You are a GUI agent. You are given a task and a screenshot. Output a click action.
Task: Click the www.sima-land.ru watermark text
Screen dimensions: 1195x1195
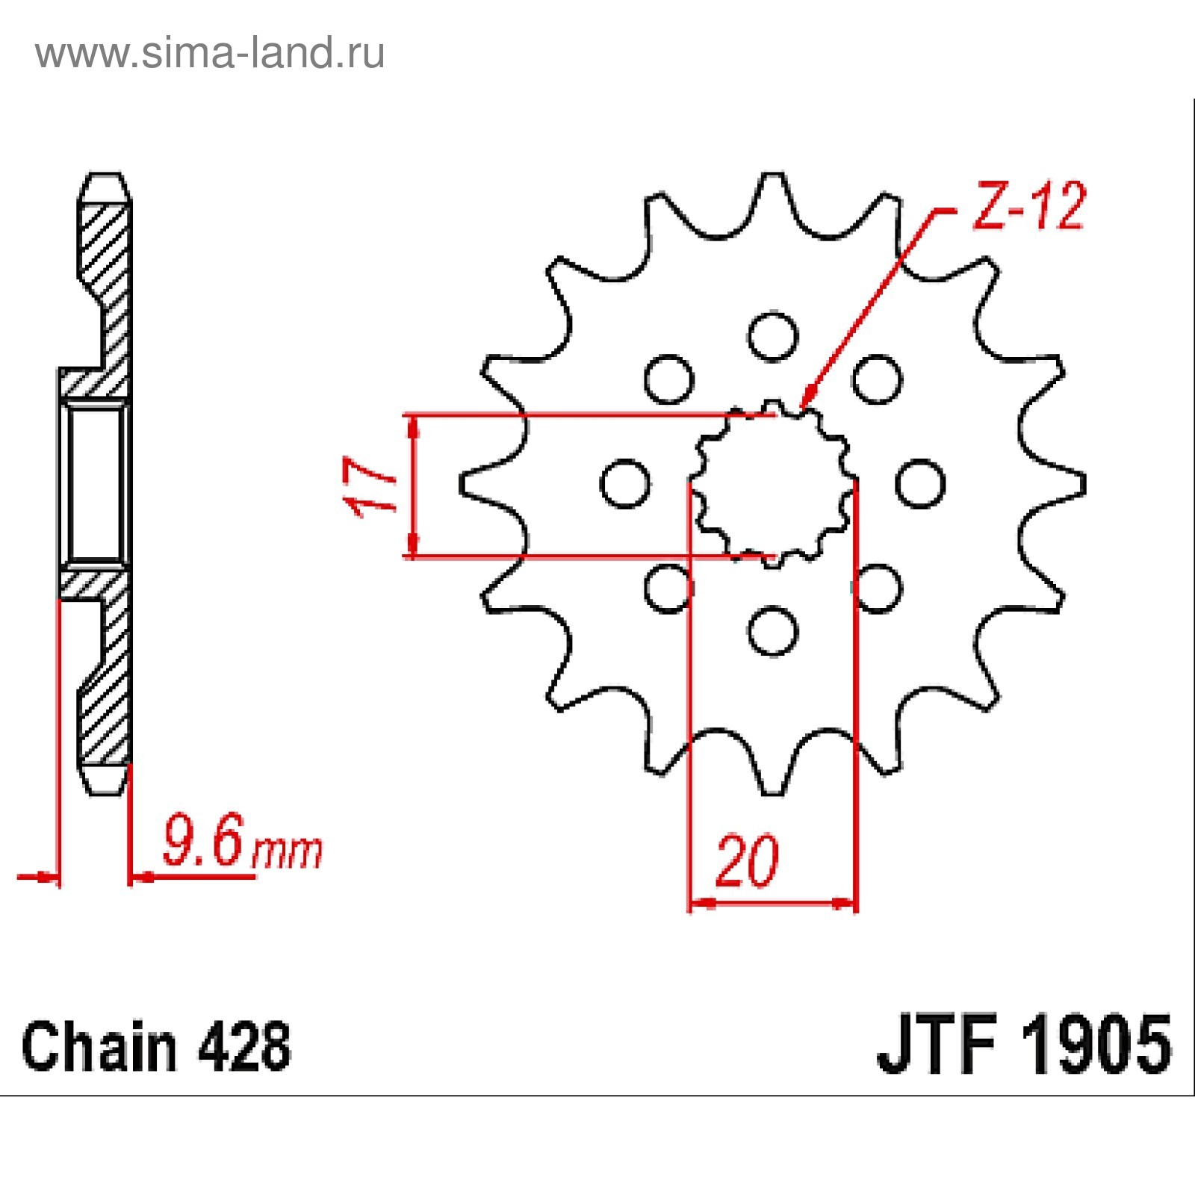point(210,53)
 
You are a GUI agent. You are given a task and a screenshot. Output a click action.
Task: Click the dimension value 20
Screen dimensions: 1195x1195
point(747,862)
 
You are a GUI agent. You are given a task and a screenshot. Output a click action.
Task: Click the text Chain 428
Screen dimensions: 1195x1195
point(156,1046)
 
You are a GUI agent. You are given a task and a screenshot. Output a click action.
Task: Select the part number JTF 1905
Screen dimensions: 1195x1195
point(1024,1045)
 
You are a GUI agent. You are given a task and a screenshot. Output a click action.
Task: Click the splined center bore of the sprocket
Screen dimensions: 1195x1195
point(772,484)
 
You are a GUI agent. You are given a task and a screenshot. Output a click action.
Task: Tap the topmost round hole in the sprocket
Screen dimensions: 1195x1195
point(773,337)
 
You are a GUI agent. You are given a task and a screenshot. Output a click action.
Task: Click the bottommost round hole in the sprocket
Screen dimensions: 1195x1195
point(773,631)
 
